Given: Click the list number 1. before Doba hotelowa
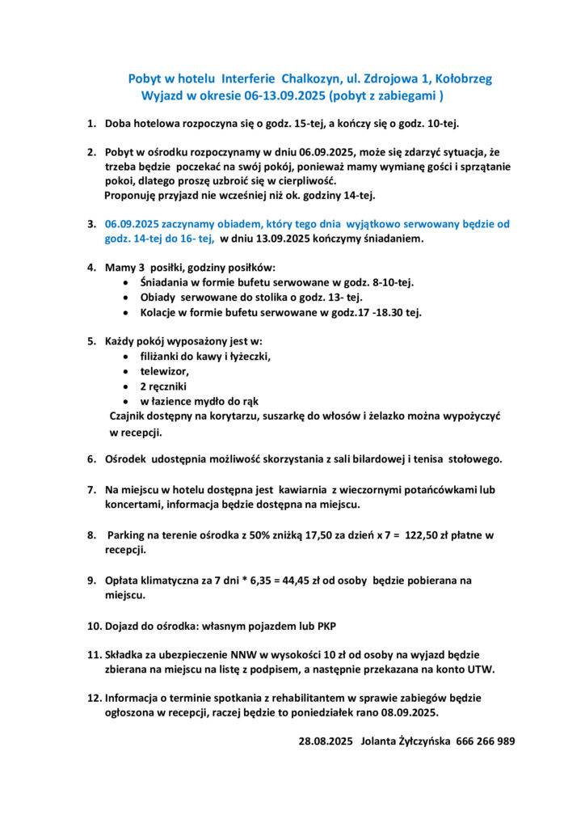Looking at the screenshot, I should [92, 124].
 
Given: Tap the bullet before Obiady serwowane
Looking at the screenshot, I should [123, 298].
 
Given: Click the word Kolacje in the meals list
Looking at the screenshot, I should [160, 312].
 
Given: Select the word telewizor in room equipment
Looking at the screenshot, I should [164, 371].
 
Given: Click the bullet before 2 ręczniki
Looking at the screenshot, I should [123, 387].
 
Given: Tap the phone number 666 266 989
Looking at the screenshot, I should [486, 741].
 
